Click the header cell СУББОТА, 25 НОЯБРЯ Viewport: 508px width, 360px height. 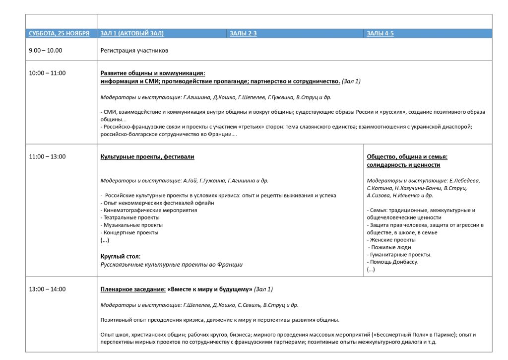point(59,34)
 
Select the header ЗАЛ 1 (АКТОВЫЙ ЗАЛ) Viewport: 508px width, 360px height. point(132,34)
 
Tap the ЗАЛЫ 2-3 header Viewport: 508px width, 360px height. point(243,34)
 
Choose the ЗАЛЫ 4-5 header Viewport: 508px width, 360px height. point(380,34)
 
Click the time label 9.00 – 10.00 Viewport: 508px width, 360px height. point(46,50)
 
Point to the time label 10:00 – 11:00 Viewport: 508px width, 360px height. point(47,73)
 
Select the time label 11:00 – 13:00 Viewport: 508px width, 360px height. point(47,156)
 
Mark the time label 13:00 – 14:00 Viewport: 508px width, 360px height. point(47,289)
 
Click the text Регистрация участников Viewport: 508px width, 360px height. point(134,50)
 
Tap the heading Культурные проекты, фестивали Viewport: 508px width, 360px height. point(147,156)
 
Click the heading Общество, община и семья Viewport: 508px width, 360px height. point(407,156)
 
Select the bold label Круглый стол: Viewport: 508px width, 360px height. point(121,256)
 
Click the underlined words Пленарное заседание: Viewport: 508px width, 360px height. point(133,289)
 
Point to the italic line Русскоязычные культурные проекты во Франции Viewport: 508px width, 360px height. point(172,265)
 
